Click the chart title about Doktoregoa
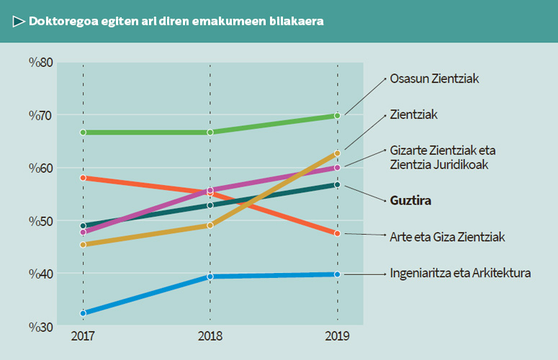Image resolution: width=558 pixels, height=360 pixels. coord(176,22)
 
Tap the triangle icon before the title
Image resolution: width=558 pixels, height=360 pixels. coord(19,22)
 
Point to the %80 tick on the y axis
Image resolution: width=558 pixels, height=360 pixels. coord(41,63)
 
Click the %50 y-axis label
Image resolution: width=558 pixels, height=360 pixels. coord(41,221)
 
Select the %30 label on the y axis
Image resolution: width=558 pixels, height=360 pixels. coord(41,327)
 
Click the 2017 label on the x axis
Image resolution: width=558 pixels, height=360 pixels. coord(83,336)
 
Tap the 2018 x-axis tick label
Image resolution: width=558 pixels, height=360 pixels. coord(210,336)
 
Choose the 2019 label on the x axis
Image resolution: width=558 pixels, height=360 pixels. coord(337,336)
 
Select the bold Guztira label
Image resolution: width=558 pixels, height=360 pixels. coord(410,201)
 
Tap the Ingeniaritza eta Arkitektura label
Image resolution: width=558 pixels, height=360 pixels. coord(460,274)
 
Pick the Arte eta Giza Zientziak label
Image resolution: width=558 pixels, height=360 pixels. coord(447,237)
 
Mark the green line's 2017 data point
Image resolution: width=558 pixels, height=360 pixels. coord(84,132)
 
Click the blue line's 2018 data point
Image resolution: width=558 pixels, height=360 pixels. coord(210,276)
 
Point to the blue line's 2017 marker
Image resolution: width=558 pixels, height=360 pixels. coord(84,313)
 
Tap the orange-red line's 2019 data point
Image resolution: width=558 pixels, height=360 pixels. coord(337,233)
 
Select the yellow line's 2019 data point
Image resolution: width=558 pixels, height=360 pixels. coord(337,153)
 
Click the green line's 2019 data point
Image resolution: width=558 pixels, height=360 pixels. coord(337,116)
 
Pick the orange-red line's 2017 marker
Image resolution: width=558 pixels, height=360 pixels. coord(84,177)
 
